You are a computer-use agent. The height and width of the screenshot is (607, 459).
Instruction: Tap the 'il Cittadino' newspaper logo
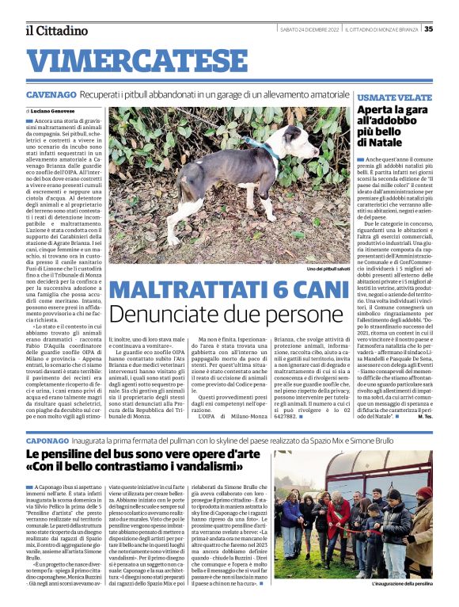(x=55, y=30)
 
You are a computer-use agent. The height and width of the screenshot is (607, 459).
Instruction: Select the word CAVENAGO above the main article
(x=51, y=94)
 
